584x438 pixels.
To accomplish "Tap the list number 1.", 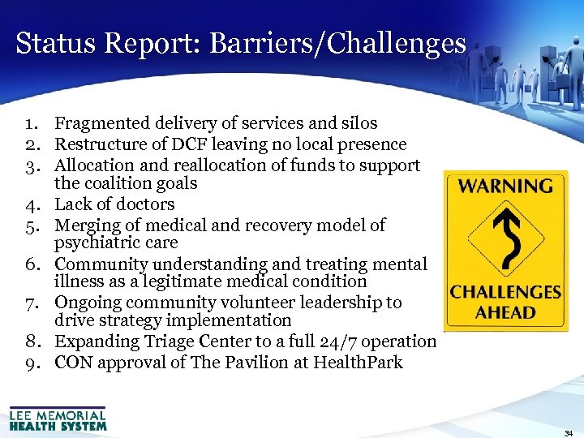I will pyautogui.click(x=32, y=123).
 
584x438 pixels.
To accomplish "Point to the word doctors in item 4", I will pyautogui.click(x=145, y=204).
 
